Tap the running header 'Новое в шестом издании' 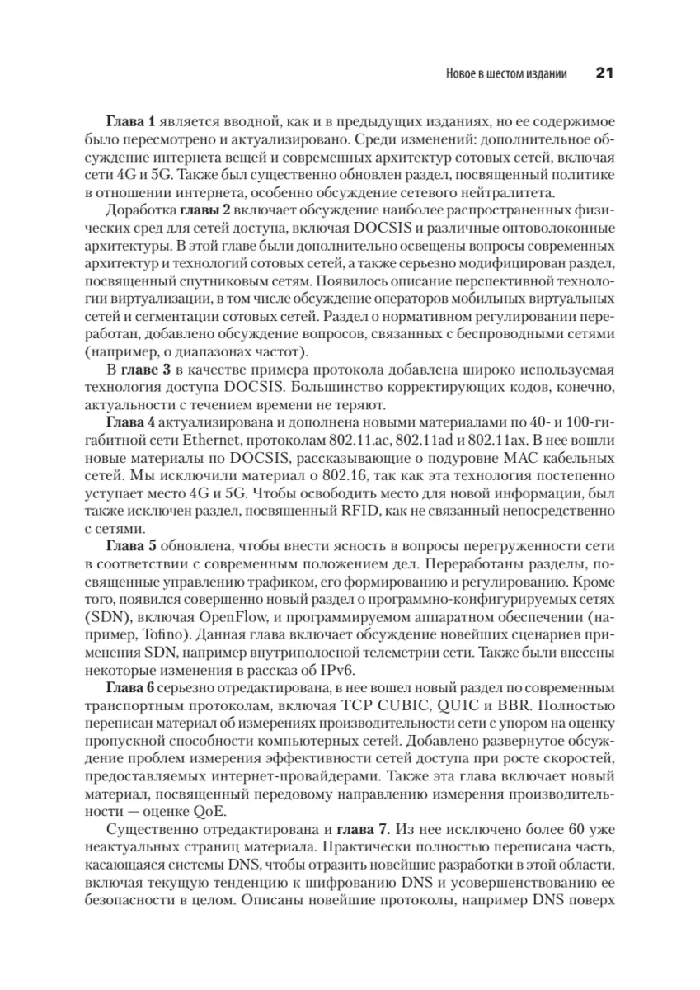[x=505, y=74]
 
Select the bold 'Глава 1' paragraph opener [x=129, y=120]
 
